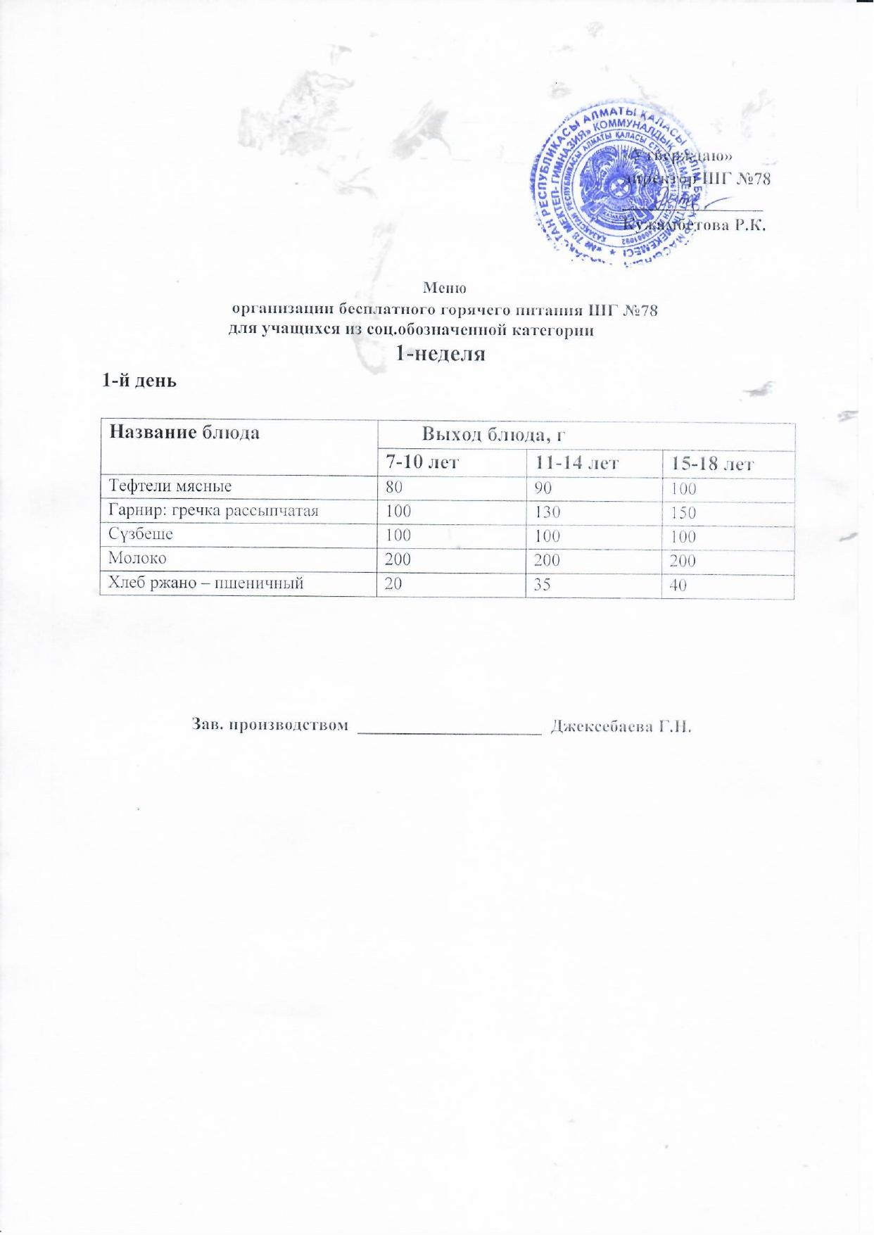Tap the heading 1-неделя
441,353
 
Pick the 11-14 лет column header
576,463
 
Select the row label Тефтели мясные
170,486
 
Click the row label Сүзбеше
140,534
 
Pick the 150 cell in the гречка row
683,512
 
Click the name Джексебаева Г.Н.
621,726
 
